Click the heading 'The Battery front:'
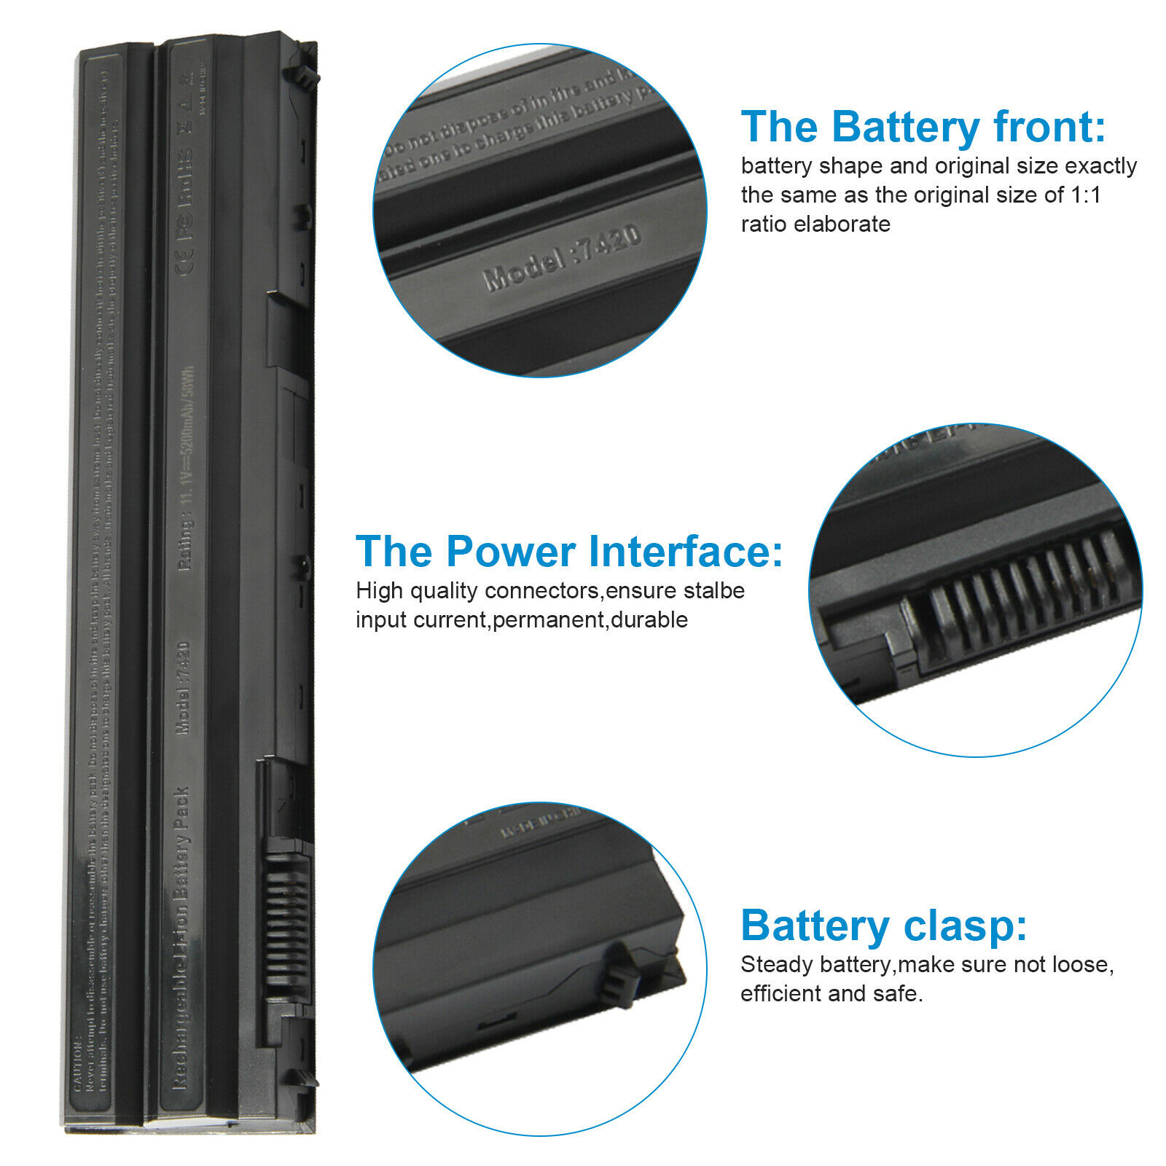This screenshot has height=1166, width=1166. [923, 127]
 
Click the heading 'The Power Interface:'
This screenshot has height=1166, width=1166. [568, 552]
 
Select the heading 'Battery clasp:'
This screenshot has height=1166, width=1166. [883, 926]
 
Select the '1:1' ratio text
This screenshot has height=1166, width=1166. [1085, 195]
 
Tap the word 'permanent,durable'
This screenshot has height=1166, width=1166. [590, 620]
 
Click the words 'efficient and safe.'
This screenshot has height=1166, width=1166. [832, 994]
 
